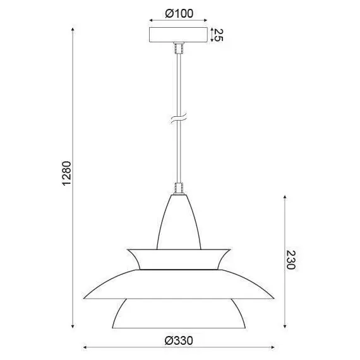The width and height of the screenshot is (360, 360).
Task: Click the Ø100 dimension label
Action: point(179,13)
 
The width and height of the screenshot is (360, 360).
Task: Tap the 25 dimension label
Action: point(218,35)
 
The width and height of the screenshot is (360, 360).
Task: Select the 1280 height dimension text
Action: point(67,173)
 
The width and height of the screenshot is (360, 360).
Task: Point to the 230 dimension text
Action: point(291,260)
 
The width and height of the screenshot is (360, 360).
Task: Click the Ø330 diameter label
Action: point(179,340)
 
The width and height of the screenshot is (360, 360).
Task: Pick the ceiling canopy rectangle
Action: point(178,35)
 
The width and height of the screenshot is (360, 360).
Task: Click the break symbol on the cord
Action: point(179,118)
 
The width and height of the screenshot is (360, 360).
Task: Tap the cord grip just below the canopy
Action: point(179,48)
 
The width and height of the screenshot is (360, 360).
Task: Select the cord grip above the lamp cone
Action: point(179,188)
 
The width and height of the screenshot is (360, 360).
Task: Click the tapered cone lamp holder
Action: point(179,222)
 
